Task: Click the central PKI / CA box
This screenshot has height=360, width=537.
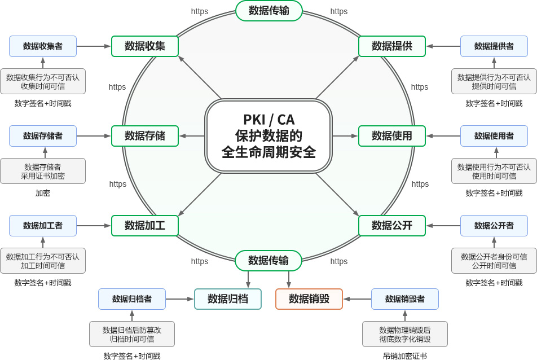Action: tap(268, 136)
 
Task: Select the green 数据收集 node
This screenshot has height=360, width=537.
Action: tap(145, 46)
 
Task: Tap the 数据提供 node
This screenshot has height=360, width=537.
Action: tap(392, 46)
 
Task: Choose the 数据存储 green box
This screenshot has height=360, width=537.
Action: tap(145, 136)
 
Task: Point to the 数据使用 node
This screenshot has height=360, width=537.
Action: tap(392, 136)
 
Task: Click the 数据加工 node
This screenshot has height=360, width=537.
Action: tap(145, 226)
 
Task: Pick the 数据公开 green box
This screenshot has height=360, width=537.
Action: tap(392, 226)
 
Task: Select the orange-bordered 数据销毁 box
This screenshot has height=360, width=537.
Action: tap(309, 299)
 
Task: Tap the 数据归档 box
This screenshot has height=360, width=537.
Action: tap(228, 299)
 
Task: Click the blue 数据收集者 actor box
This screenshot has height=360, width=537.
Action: tap(43, 46)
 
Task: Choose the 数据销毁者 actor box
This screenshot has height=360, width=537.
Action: tap(405, 299)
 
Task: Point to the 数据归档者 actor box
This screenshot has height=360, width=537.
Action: tap(132, 299)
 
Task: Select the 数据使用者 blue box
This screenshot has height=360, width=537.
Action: tap(494, 136)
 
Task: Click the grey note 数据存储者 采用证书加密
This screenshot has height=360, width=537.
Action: tap(43, 171)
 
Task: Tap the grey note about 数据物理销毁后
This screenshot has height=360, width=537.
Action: tap(405, 334)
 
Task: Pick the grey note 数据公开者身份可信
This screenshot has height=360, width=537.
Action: tap(494, 261)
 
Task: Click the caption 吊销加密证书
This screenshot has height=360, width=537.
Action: tap(405, 356)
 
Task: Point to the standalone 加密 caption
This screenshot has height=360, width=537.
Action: tap(43, 193)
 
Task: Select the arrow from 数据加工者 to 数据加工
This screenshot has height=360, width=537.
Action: tap(94, 226)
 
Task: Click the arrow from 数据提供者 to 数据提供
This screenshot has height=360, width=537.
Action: tap(443, 46)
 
